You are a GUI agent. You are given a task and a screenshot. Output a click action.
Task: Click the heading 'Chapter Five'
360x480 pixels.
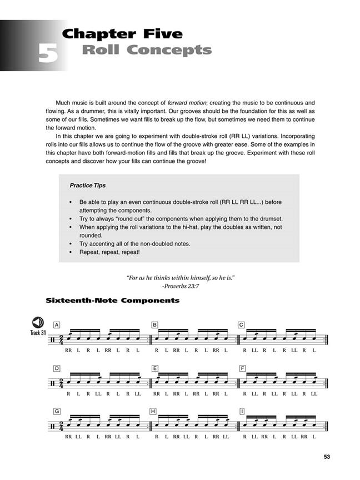(122, 34)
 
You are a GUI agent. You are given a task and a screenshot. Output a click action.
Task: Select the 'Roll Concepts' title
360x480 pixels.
(147, 51)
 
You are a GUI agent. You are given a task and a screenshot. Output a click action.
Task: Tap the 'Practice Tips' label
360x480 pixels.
(88, 185)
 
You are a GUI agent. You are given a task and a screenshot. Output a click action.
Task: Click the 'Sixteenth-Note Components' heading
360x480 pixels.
(113, 301)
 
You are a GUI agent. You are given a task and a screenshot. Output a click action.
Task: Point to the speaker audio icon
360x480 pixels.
(38, 323)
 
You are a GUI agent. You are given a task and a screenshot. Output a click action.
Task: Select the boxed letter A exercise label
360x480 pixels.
(57, 324)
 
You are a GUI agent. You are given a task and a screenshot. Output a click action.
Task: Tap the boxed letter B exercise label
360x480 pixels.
(155, 324)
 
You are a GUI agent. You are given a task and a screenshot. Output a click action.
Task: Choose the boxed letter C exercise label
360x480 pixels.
(242, 324)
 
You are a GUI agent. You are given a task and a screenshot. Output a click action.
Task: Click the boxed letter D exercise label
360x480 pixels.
(57, 368)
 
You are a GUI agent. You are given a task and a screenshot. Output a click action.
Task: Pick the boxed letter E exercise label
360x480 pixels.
(155, 368)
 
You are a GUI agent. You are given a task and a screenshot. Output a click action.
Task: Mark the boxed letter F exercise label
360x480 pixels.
(242, 368)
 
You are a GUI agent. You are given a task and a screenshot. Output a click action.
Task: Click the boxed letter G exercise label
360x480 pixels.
(57, 412)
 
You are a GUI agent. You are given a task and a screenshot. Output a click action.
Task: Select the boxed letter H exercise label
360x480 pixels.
(155, 412)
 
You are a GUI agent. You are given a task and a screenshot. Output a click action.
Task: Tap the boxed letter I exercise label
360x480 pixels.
(242, 412)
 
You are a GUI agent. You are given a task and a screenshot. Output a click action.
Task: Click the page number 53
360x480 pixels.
(327, 457)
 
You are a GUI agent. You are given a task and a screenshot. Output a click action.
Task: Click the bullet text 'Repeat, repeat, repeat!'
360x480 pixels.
(109, 252)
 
